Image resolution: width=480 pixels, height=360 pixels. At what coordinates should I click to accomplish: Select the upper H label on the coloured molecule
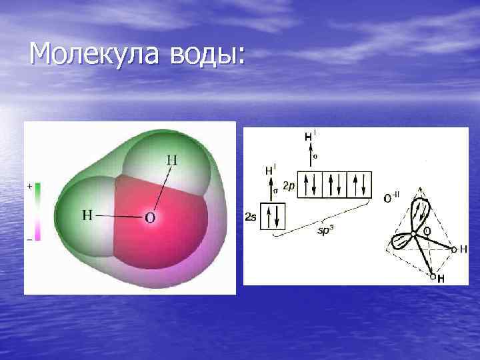coord(172,160)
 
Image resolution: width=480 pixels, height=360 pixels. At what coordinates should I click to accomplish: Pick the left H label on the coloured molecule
coord(87,215)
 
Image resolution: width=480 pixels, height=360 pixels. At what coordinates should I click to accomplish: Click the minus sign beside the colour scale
coord(29,238)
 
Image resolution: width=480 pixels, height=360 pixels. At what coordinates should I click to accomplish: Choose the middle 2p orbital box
coord(335,185)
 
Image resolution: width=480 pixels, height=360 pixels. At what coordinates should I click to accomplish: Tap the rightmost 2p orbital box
coord(359,185)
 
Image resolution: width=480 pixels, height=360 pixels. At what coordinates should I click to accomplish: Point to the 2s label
coord(251,217)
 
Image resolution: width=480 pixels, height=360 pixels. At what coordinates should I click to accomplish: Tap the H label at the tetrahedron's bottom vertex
coord(441,278)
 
